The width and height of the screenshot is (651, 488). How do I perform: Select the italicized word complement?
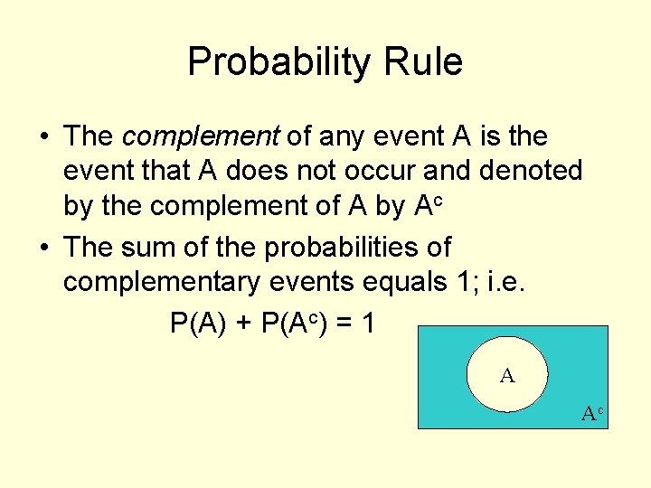pos(201,136)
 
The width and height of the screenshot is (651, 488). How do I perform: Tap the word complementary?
pos(162,281)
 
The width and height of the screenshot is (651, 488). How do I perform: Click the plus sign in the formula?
pos(242,323)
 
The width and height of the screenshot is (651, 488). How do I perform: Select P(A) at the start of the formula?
pos(198,323)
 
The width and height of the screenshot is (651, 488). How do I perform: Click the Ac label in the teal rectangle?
pos(591,414)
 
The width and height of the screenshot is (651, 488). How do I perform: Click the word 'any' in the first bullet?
pos(340,136)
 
